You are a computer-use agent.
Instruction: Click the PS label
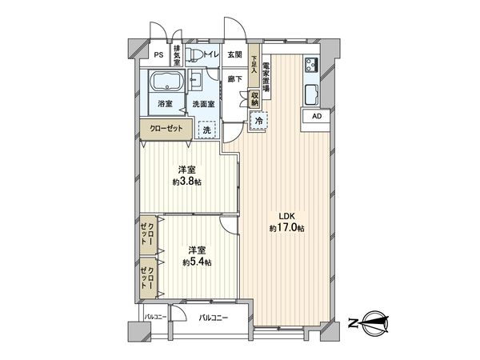[159, 54]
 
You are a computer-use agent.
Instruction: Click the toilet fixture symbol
[197, 56]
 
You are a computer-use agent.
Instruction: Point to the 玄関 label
[234, 54]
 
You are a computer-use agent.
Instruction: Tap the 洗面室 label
[202, 104]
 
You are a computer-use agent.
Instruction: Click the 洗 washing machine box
[206, 130]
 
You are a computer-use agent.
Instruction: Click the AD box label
[317, 116]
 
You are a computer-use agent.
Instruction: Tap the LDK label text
[286, 215]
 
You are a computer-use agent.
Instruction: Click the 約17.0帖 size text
[286, 229]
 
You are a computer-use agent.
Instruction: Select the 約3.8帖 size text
[190, 182]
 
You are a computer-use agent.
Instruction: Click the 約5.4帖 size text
[197, 262]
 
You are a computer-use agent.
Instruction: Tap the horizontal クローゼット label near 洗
[166, 129]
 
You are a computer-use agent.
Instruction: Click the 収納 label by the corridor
[254, 97]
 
